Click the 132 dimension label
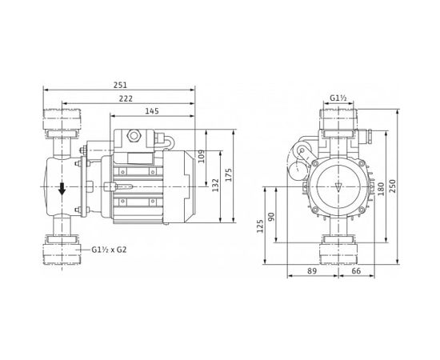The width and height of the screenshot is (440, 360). [215, 186]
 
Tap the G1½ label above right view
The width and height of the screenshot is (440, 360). [338, 100]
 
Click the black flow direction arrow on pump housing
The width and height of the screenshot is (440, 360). [62, 190]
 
